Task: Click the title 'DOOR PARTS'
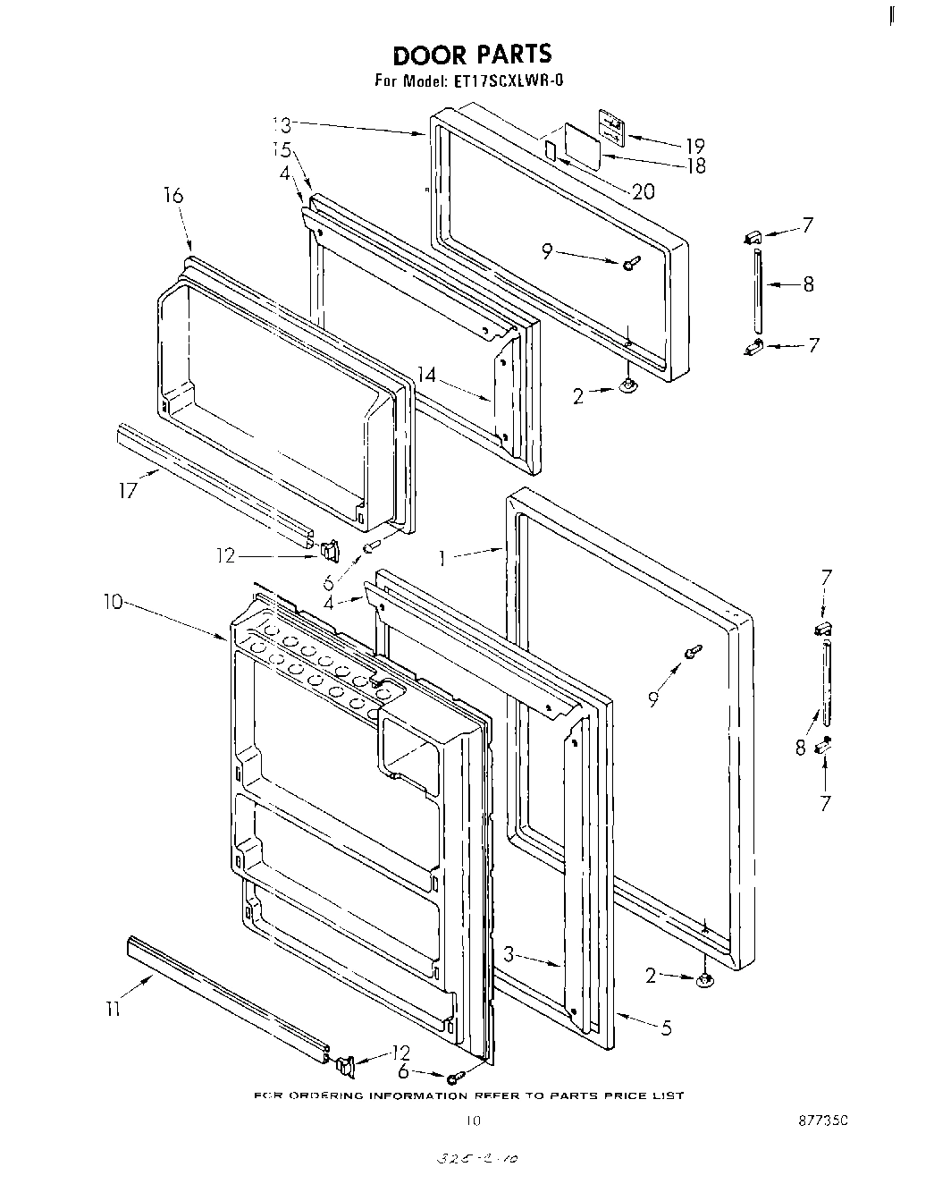(474, 55)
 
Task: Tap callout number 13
(282, 123)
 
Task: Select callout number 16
(173, 196)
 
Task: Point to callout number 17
(130, 489)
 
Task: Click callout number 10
(114, 604)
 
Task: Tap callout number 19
(694, 146)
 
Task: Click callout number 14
(427, 376)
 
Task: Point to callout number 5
(666, 1028)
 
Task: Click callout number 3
(509, 955)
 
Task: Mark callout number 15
(282, 149)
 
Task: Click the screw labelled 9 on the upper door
(632, 262)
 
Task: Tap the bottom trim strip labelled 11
(228, 994)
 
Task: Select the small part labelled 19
(610, 126)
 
